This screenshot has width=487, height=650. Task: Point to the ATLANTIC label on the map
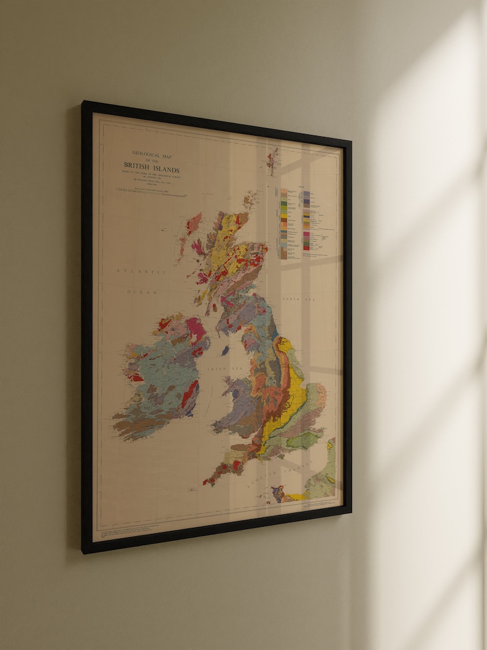142,271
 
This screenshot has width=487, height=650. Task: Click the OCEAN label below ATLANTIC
142,292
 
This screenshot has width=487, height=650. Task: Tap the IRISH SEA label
234,368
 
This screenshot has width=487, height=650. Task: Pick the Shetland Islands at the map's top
272,161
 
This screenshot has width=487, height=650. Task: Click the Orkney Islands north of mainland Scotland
250,199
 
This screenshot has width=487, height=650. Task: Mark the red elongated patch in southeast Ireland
190,393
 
